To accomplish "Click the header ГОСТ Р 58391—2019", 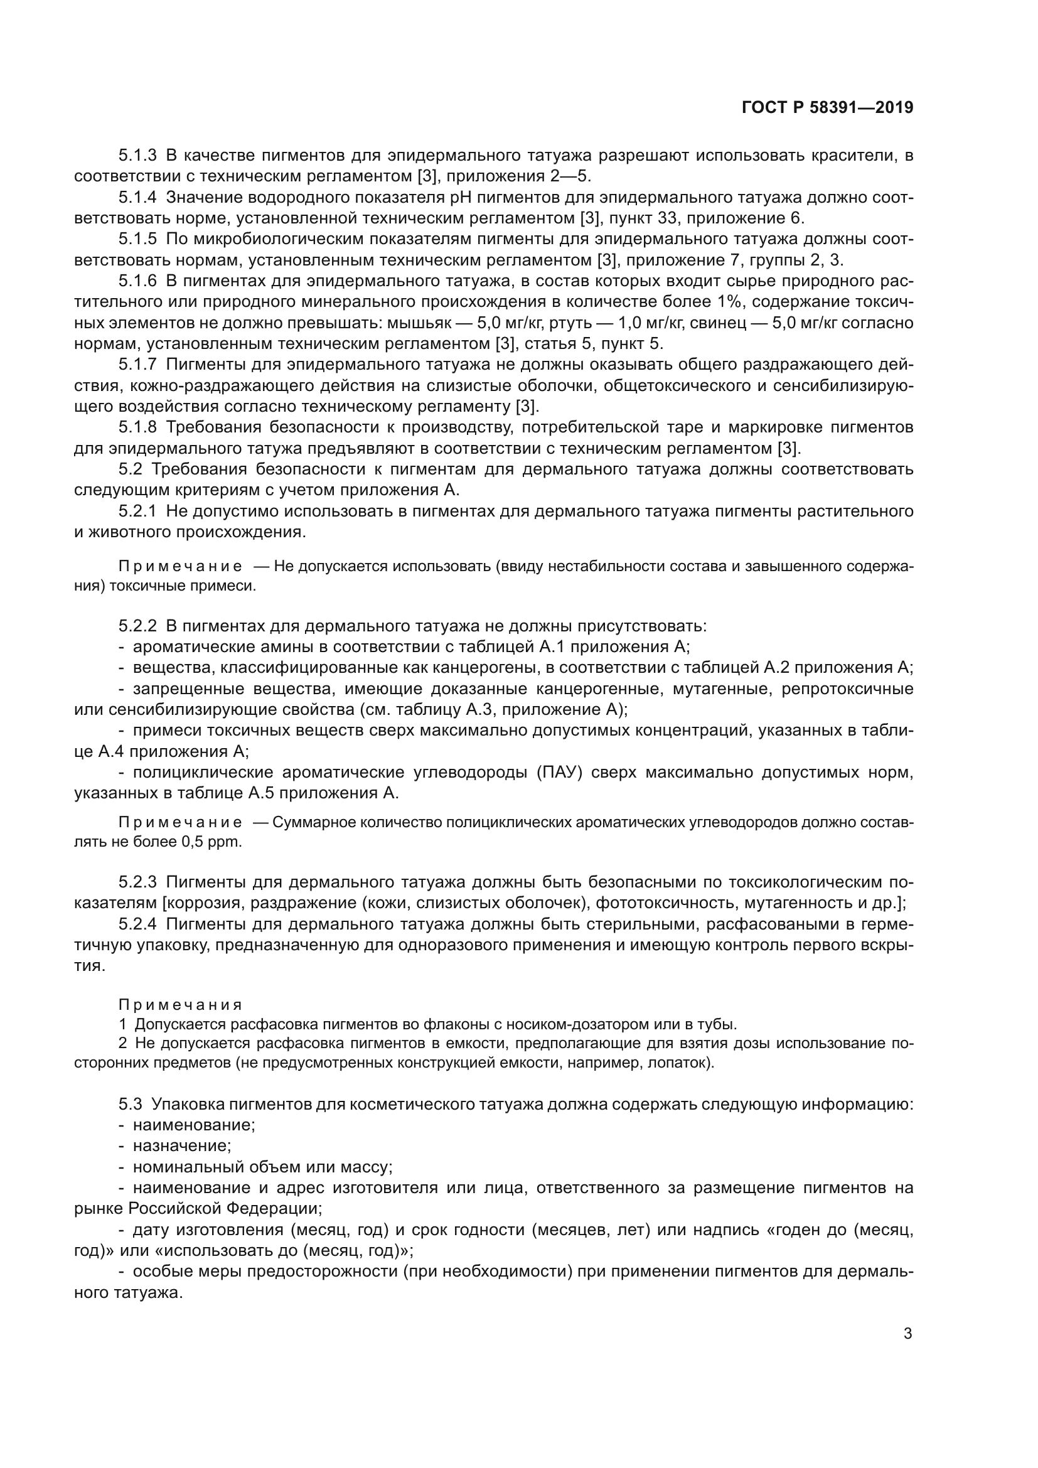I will [827, 108].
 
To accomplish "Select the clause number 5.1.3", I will [137, 156].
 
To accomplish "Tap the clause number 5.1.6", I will [137, 281].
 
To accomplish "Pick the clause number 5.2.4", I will [137, 924].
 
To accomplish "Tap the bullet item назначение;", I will [181, 1147].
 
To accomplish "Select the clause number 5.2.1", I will [137, 512].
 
